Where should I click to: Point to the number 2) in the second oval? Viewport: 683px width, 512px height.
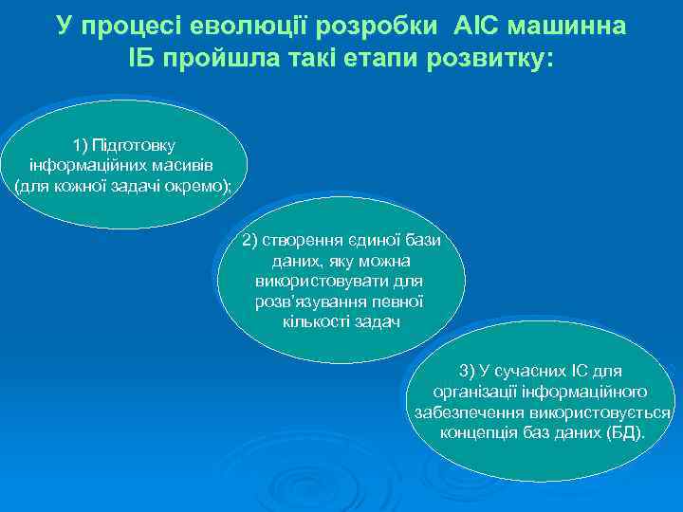pyautogui.click(x=249, y=240)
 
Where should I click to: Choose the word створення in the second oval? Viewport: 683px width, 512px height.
pyautogui.click(x=297, y=240)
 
